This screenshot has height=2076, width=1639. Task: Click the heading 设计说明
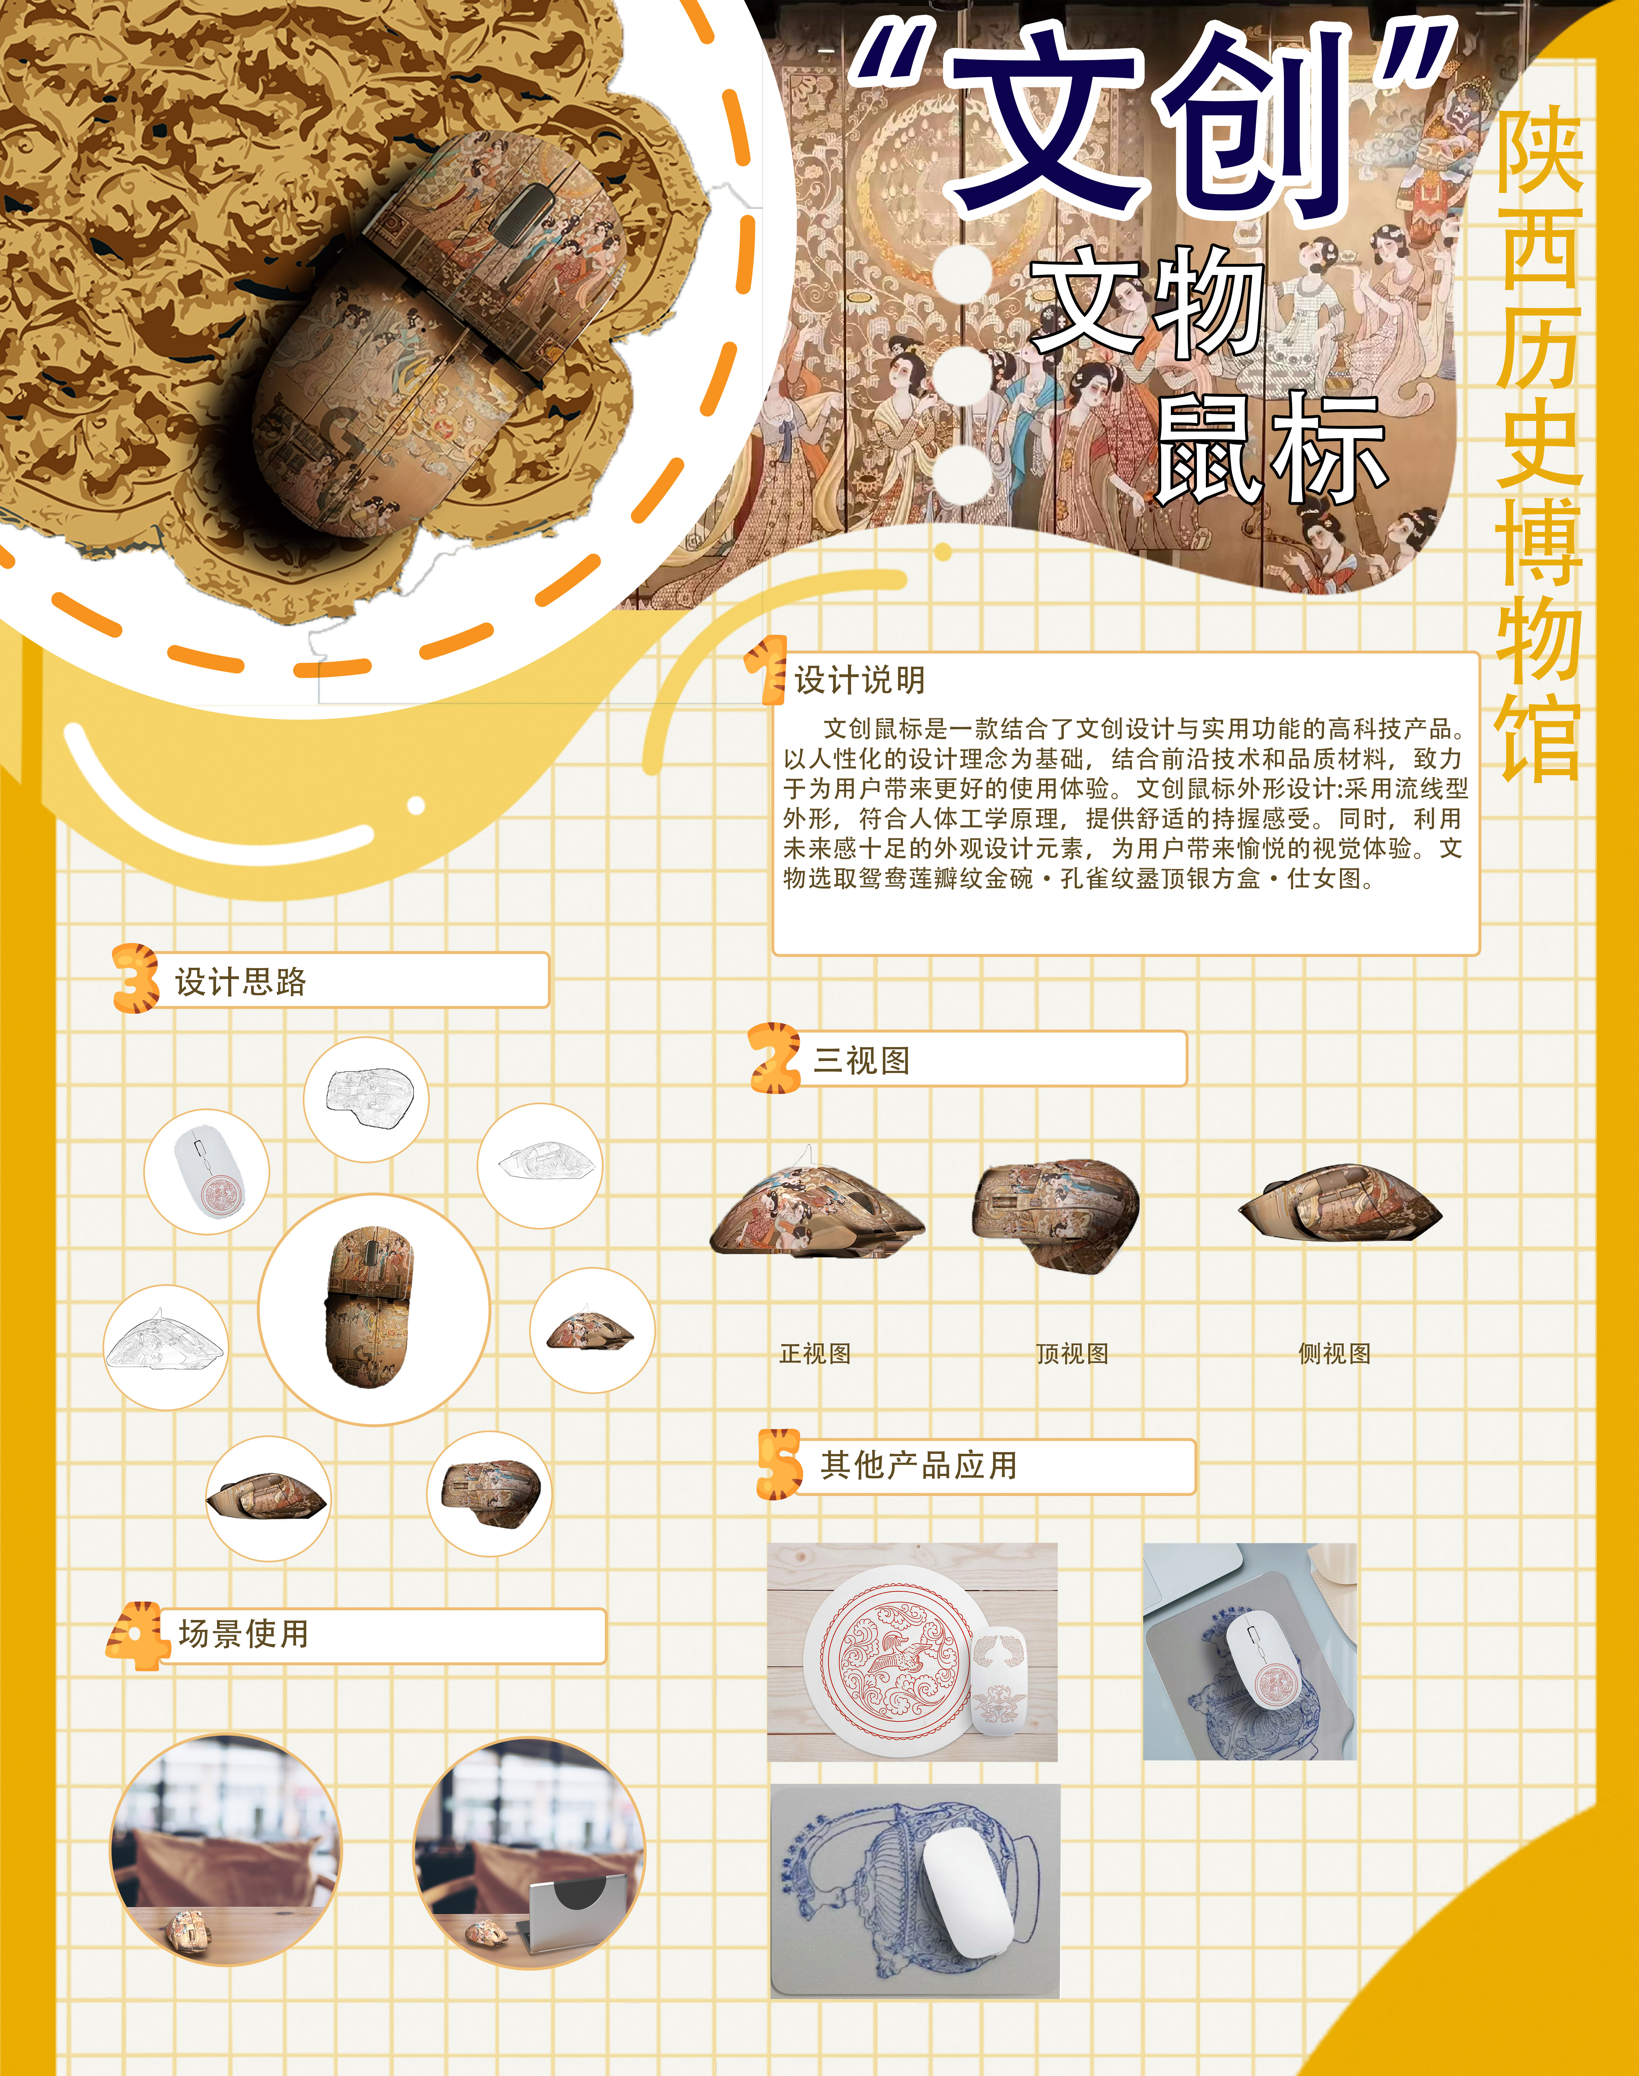point(860,680)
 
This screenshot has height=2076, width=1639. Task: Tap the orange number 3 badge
point(135,978)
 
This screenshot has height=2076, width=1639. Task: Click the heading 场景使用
point(244,1634)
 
